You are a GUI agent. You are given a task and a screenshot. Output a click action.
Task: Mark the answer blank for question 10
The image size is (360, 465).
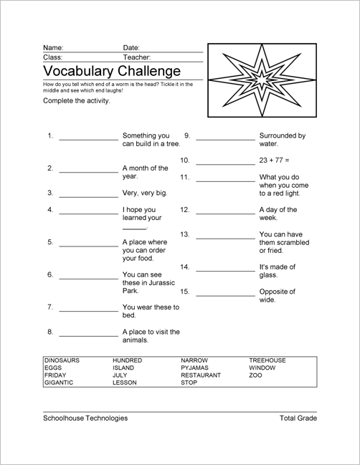(224, 162)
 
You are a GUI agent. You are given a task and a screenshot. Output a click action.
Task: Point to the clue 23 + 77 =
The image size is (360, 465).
(275, 160)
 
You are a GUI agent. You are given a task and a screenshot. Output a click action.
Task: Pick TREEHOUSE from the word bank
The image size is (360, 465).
(267, 359)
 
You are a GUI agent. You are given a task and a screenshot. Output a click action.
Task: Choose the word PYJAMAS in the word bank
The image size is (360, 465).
(194, 367)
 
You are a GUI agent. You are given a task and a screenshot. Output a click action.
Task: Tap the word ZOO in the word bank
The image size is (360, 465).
(256, 375)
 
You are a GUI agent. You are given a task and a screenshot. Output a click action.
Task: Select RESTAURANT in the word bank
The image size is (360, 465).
(201, 375)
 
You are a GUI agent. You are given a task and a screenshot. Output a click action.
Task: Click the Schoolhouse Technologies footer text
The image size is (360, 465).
(85, 418)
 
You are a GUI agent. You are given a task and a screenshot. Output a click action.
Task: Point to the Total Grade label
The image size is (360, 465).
(298, 418)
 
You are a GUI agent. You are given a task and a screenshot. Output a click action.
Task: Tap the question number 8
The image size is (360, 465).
(50, 332)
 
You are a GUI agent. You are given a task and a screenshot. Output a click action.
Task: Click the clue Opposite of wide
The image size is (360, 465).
(277, 295)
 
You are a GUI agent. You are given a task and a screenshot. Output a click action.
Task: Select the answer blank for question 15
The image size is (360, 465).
(224, 294)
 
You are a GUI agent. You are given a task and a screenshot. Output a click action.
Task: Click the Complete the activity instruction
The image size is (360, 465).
(76, 101)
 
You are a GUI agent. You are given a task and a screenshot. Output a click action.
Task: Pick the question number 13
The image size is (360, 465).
(184, 234)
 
